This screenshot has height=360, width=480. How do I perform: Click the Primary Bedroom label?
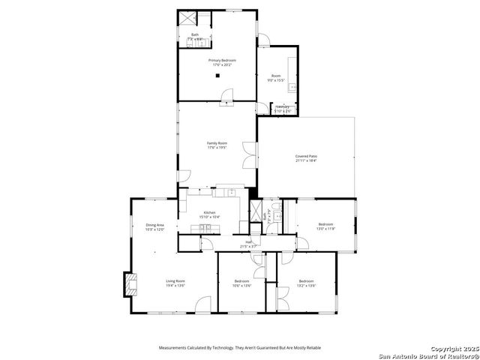point(221,59)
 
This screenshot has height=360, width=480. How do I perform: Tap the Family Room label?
point(217,142)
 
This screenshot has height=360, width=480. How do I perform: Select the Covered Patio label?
point(306,155)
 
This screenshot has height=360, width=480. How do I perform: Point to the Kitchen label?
point(209,212)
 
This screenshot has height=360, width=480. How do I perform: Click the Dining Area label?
point(154,225)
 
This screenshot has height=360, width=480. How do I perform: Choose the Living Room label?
point(175,281)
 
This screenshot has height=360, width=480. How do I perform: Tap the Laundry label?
point(283,107)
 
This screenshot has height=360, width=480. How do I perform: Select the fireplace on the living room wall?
point(129,283)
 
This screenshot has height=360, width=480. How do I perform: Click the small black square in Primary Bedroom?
point(217,75)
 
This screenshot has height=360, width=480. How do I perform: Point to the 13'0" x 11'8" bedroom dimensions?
point(325,229)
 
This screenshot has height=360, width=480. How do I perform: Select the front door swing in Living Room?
point(203,304)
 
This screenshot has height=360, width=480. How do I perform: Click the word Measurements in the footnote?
point(177,348)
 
